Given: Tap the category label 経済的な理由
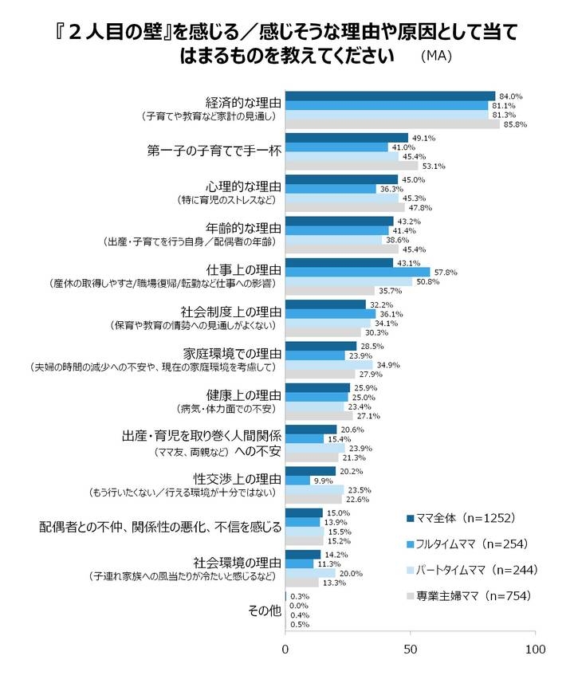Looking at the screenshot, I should pos(243,102).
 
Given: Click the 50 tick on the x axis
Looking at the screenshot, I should pos(411,649).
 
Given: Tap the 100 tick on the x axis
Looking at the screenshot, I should pos(536,649).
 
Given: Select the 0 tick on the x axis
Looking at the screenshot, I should pos(285,649).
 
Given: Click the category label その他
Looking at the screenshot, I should pos(263,611).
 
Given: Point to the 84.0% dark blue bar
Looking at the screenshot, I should pos(390,96).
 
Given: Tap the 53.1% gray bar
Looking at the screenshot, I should pos(352,166).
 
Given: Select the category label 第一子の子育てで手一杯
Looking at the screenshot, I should pos(214,148).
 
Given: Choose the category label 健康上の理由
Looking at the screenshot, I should pos(243,394).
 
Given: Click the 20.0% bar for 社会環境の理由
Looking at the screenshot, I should pos(310,573).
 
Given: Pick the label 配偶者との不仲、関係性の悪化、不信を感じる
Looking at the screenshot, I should pos(161,527).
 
